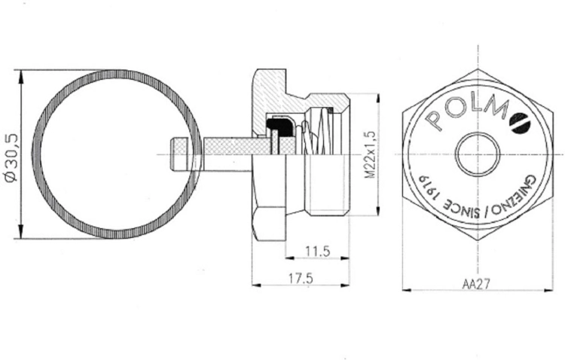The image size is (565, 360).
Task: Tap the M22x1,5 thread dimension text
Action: coord(370,154)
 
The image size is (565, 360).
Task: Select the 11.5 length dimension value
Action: coord(317,251)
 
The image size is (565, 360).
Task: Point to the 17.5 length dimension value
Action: coord(301,278)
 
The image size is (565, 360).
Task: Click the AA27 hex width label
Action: coord(476,284)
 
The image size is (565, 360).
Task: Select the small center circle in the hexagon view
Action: coord(478,154)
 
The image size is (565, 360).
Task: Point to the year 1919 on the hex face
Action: coord(432,188)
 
